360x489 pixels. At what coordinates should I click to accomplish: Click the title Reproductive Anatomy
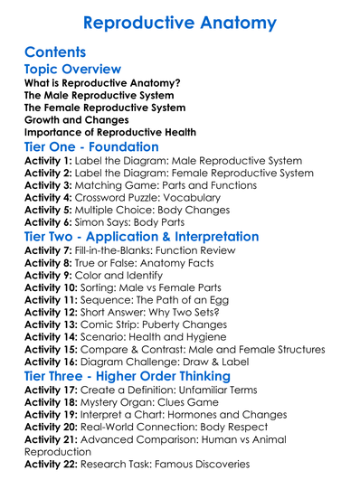tap(180, 23)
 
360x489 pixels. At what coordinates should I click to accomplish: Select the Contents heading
tap(55, 52)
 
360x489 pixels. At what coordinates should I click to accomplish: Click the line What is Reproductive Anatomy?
tap(101, 82)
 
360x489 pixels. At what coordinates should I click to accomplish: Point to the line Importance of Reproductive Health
tap(109, 132)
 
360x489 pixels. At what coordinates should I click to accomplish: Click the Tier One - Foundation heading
tap(91, 146)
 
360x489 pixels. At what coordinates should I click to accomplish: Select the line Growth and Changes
tap(76, 119)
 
